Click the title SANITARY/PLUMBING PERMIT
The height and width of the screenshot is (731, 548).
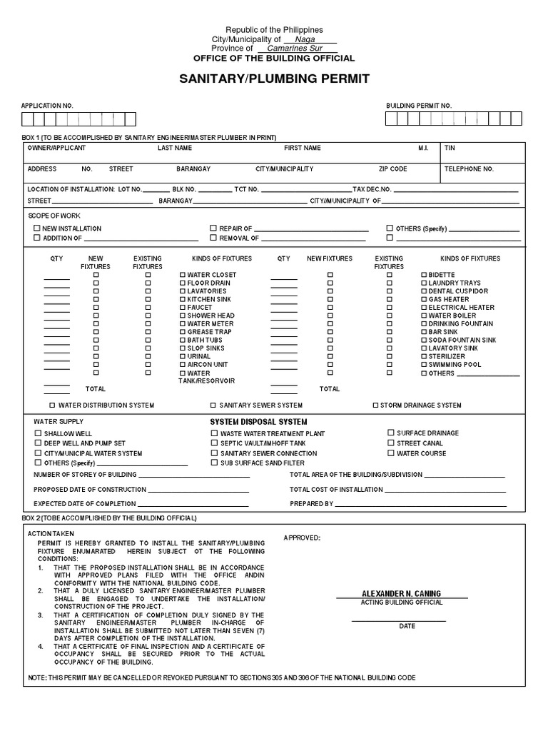274,79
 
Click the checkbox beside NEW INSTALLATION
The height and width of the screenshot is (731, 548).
37,228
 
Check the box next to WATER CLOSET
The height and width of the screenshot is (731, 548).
183,275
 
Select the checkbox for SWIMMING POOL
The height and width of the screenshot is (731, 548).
424,365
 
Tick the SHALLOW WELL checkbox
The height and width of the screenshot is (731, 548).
37,433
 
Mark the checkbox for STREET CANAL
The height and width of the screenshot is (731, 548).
390,443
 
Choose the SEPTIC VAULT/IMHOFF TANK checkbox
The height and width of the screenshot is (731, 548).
213,443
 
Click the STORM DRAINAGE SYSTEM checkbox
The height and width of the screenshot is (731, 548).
375,405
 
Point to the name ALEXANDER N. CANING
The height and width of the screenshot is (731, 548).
402,594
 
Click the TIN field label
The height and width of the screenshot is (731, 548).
450,148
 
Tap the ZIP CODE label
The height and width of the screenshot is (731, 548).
392,169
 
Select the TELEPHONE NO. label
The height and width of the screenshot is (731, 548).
469,169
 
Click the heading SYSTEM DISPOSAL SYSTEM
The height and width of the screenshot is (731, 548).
258,422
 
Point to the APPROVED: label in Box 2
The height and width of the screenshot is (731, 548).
302,538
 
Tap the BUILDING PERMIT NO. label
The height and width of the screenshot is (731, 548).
419,106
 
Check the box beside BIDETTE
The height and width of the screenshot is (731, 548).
424,275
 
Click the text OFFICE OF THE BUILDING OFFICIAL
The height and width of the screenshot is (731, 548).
274,59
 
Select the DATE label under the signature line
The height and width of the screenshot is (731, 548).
407,626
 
